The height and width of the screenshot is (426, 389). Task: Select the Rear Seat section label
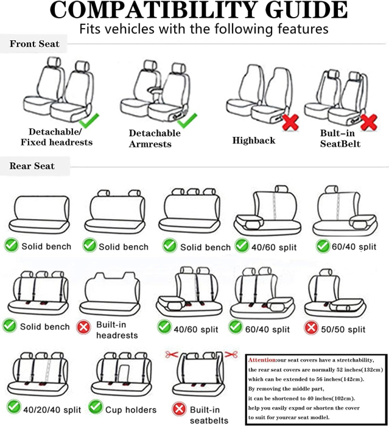[x=32, y=166]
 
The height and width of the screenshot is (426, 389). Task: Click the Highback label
[x=254, y=141]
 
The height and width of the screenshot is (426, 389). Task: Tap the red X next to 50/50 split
[x=311, y=329]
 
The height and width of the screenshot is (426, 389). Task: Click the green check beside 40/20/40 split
[x=11, y=408]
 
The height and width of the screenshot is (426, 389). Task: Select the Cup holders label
[x=131, y=410]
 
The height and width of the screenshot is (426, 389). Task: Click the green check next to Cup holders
[x=95, y=408]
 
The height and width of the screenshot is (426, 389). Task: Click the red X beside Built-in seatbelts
[x=179, y=409]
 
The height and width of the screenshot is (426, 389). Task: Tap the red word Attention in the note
[x=262, y=360]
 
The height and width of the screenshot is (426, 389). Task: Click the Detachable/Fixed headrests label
[x=57, y=137]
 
